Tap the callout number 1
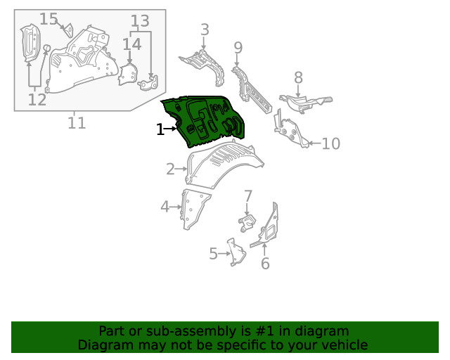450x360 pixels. click(160, 129)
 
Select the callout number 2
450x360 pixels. click(170, 169)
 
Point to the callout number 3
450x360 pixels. click(205, 30)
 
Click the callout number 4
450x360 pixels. click(165, 207)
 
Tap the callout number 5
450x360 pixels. click(213, 254)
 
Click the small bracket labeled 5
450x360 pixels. click(236, 252)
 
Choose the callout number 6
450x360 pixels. click(265, 264)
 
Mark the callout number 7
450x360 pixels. click(248, 196)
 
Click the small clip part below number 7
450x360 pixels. click(247, 223)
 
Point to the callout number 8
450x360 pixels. click(298, 77)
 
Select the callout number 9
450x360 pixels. click(238, 48)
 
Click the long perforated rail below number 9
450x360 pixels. click(251, 89)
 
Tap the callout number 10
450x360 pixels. click(331, 143)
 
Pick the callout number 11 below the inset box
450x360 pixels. click(77, 123)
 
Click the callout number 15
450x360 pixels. click(49, 19)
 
